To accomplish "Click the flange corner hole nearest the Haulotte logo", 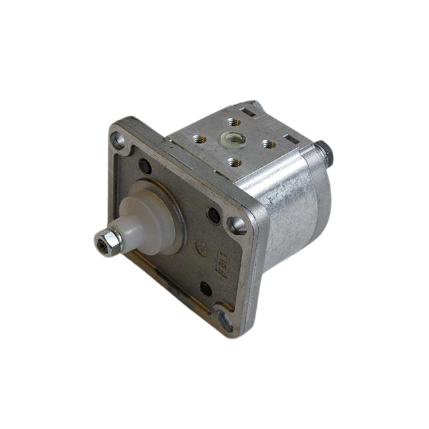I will point(118,140).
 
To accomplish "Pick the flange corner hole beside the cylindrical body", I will point(238,225).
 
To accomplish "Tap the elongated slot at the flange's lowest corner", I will point(226,320).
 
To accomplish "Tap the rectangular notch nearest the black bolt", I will point(290,140).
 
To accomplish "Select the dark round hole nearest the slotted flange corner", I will point(206,290).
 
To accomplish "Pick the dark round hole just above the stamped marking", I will point(214,215).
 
